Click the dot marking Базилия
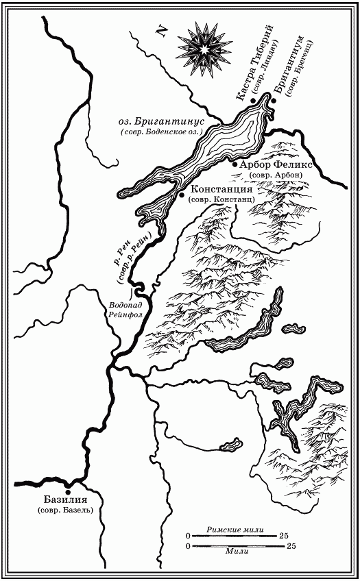(67, 491)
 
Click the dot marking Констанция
(181, 195)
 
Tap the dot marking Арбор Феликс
(235, 165)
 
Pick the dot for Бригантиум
(273, 101)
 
